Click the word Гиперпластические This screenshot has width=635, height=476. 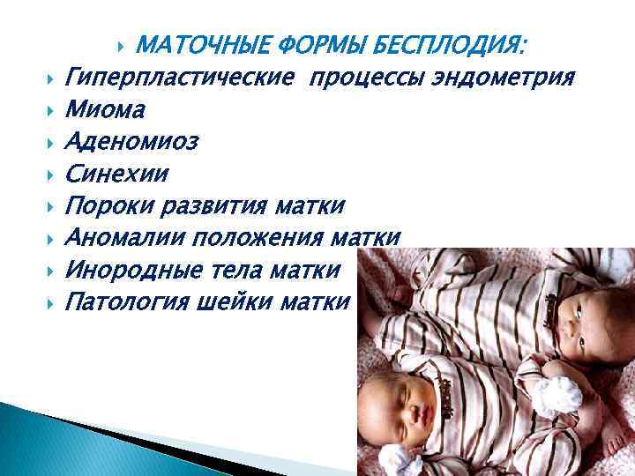[180, 78]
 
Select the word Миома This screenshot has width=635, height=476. [107, 110]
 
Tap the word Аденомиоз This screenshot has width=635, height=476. [132, 142]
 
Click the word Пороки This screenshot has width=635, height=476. [109, 206]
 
